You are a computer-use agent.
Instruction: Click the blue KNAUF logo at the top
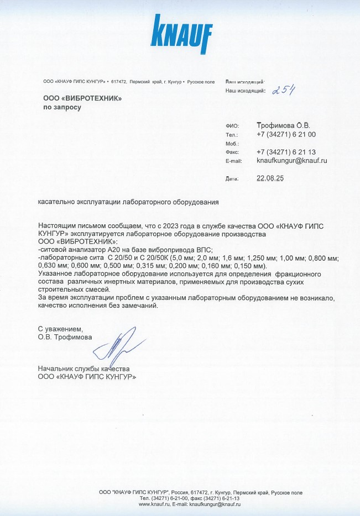point(182,35)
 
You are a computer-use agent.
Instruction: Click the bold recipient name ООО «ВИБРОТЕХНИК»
point(82,98)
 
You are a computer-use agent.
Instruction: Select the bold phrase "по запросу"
point(62,108)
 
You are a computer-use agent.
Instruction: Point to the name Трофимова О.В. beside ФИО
point(284,125)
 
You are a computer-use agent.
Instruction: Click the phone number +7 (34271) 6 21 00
point(286,134)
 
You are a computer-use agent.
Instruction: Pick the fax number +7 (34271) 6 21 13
point(286,152)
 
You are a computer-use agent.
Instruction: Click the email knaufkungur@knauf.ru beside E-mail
point(292,161)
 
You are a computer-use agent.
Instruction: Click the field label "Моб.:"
point(232,144)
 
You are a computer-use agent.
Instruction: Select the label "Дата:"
point(232,179)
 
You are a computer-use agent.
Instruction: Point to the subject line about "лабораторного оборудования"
point(128,202)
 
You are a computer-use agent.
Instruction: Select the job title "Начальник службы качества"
point(84,368)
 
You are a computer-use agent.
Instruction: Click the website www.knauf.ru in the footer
point(154,504)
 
